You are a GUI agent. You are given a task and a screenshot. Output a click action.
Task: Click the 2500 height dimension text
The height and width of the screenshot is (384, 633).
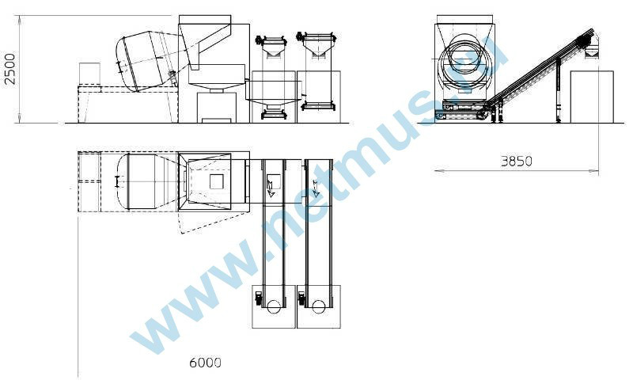(x=9, y=69)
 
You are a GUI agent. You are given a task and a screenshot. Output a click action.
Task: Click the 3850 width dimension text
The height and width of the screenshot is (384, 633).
(x=517, y=162)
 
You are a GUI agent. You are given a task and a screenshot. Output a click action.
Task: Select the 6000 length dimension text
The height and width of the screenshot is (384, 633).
(x=205, y=363)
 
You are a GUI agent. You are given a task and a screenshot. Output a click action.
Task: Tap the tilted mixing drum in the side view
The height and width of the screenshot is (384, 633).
(x=148, y=61)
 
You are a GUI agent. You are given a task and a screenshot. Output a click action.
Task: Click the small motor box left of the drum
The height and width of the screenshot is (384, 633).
(x=89, y=73)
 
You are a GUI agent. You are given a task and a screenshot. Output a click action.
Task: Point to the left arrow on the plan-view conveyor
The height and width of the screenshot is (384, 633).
(x=271, y=188)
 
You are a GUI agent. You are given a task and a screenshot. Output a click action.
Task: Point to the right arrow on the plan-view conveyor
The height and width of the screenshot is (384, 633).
(x=315, y=188)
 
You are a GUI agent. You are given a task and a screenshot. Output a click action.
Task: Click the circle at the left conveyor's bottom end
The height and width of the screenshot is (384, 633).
(x=274, y=307)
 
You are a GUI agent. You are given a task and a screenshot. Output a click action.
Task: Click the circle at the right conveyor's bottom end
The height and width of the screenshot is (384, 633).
(x=318, y=307)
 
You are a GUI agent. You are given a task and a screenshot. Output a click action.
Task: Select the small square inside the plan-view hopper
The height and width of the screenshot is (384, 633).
(x=216, y=181)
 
